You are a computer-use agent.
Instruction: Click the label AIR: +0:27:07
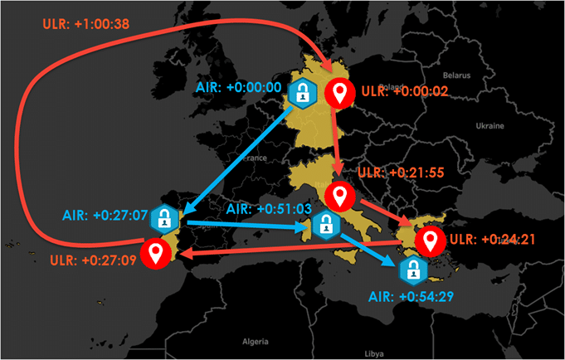[104, 215]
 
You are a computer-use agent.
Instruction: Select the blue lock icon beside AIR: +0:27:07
[166, 218]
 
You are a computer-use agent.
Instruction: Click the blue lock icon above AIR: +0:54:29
[411, 270]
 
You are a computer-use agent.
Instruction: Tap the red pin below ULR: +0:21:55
[339, 196]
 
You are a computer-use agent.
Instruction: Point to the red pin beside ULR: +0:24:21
[429, 241]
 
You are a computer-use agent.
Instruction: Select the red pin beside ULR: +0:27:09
[154, 252]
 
